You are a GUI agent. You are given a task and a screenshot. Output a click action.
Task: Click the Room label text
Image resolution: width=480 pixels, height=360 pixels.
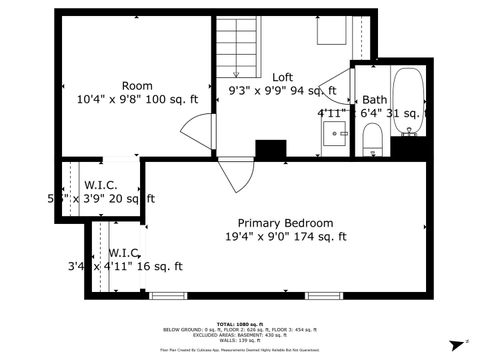point(137,85)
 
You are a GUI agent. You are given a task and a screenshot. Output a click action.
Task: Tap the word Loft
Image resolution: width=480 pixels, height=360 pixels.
point(283,77)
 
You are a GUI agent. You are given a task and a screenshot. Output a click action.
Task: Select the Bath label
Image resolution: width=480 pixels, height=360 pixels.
point(375,99)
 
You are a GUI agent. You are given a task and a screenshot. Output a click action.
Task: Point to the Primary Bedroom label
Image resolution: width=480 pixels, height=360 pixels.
point(285,222)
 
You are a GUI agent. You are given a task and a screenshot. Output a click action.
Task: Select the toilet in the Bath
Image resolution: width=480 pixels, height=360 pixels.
point(372,139)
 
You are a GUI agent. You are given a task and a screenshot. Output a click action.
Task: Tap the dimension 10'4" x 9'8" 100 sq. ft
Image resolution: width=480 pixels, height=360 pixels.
point(137,99)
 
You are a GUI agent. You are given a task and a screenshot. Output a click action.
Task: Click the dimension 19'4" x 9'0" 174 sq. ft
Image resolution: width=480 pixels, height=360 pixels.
point(285,237)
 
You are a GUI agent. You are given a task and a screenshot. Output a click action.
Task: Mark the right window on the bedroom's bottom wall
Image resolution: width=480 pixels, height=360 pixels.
point(322,295)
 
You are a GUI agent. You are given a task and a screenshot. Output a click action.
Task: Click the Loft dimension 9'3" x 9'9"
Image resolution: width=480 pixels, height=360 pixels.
point(283,92)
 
